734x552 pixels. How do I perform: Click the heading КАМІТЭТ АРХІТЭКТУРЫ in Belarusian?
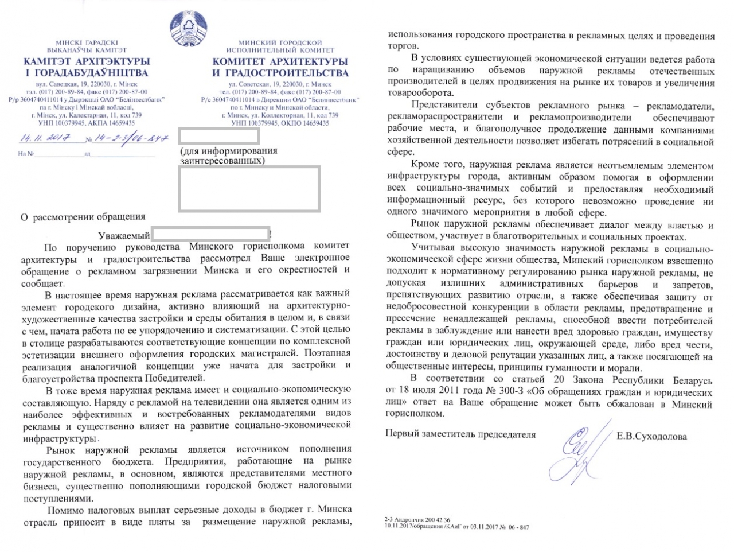click(x=87, y=61)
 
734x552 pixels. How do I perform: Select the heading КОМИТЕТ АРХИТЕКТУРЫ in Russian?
click(x=280, y=61)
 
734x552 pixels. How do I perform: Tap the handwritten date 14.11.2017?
click(x=45, y=138)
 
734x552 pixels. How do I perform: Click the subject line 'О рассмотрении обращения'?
click(x=83, y=217)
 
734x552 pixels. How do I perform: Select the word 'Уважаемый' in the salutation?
click(x=124, y=235)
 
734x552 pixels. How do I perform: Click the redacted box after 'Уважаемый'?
click(x=210, y=234)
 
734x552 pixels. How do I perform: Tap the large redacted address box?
click(x=249, y=188)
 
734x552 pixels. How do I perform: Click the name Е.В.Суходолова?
click(x=651, y=436)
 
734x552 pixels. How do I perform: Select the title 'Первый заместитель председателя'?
click(x=460, y=434)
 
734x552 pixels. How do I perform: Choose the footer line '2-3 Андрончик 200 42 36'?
click(x=417, y=520)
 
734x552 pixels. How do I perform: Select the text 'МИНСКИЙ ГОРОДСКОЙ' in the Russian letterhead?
click(x=280, y=42)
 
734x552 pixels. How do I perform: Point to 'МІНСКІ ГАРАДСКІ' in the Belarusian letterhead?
click(x=87, y=42)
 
